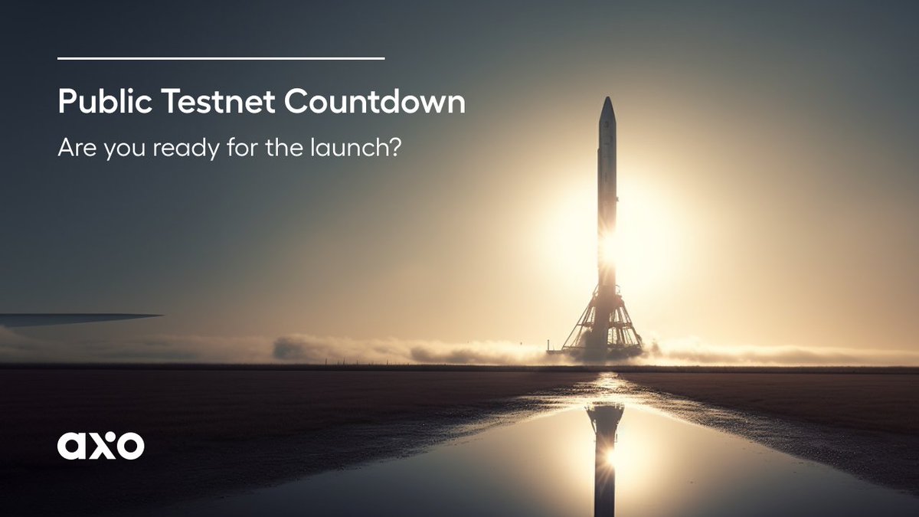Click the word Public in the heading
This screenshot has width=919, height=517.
pyautogui.click(x=105, y=101)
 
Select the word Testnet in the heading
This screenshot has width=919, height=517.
pyautogui.click(x=217, y=101)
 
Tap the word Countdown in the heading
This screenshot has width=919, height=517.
pyautogui.click(x=375, y=101)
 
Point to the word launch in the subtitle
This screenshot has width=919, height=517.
pyautogui.click(x=348, y=147)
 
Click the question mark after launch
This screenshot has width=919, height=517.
pyautogui.click(x=394, y=147)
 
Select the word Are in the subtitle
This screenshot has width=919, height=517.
pyautogui.click(x=77, y=148)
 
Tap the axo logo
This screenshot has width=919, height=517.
pyautogui.click(x=101, y=445)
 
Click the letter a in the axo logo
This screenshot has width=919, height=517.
pyautogui.click(x=71, y=446)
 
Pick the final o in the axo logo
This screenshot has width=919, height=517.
pyautogui.click(x=131, y=446)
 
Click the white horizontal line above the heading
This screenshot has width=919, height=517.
pyautogui.click(x=221, y=59)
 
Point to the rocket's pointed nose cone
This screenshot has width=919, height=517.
pyautogui.click(x=607, y=107)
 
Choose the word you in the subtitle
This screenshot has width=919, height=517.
pyautogui.click(x=124, y=150)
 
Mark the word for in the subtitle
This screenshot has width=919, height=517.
pyautogui.click(x=242, y=147)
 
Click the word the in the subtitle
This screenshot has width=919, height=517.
pyautogui.click(x=285, y=147)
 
